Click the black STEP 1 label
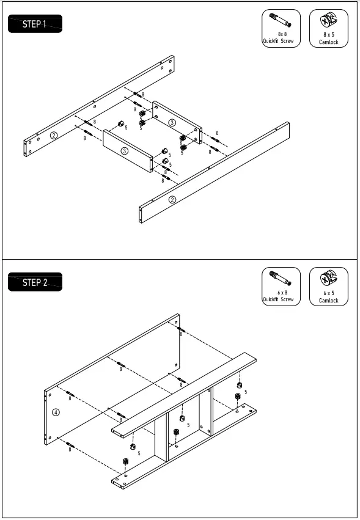coord(35,24)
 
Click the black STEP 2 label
coord(35,282)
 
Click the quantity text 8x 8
coord(282,35)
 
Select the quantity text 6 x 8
coord(282,293)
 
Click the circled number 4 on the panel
coord(56,412)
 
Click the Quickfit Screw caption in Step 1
coord(278,42)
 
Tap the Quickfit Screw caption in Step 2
coord(278,299)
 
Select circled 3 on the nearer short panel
coord(124,150)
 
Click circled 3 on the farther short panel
coord(172,123)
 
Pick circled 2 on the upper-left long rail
coord(54,135)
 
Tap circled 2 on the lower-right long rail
coord(172,200)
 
